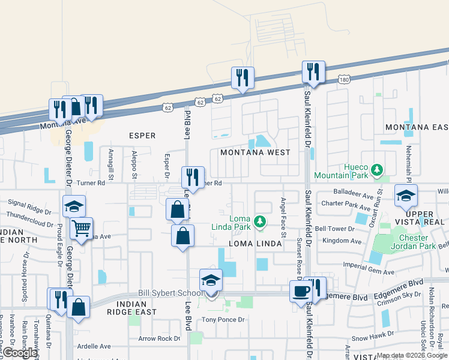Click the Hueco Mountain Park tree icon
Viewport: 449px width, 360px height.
tap(377, 170)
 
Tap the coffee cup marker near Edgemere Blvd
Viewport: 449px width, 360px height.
tap(300, 291)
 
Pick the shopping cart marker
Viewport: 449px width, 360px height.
tap(81, 228)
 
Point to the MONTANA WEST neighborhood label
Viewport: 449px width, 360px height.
tap(255, 152)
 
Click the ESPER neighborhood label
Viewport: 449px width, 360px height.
tap(142, 136)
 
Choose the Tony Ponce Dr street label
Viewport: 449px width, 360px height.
tap(224, 319)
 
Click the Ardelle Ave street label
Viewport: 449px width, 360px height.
tap(94, 346)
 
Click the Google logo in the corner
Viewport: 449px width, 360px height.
tap(19, 353)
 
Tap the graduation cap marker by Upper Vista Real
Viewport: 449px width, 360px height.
tap(406, 195)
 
